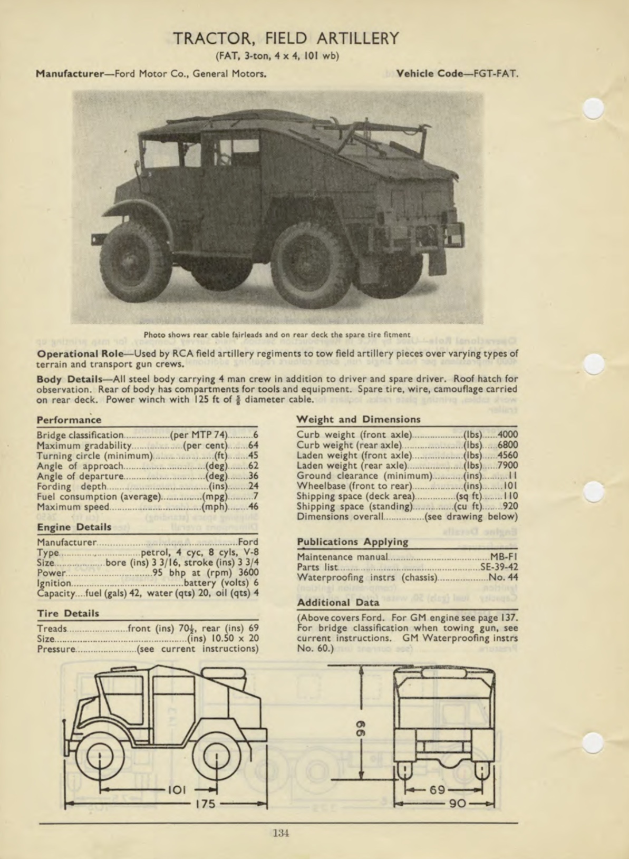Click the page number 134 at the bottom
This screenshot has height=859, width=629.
coord(281,833)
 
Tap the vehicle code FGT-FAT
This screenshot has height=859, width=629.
coord(496,74)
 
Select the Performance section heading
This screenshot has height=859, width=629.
coord(69,420)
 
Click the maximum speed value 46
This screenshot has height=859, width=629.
coord(253,507)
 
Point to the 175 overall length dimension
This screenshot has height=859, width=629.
coord(205,804)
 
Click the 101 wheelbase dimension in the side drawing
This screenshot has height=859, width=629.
coord(177,789)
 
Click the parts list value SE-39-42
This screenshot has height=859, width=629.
coord(499,567)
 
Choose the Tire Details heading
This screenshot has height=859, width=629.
coord(68,613)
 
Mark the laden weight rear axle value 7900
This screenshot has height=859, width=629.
coord(508,465)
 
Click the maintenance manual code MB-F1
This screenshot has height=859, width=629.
coord(504,557)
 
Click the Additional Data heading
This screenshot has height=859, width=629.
coord(338,602)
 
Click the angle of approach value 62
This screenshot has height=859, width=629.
coord(253,466)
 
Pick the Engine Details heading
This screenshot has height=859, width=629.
coord(74,527)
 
